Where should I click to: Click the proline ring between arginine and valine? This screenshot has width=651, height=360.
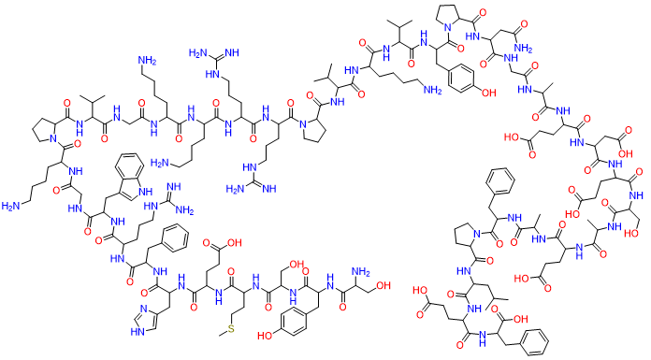click(311, 135)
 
